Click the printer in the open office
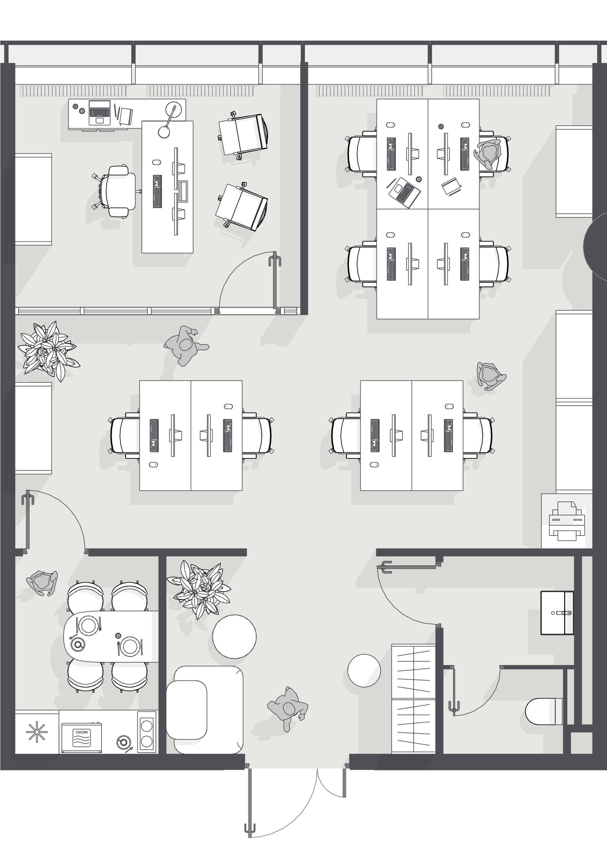567,521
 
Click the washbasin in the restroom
557,613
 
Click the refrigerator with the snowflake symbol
37,732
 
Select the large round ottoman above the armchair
234,636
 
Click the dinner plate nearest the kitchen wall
130,646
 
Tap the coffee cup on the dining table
79,644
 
